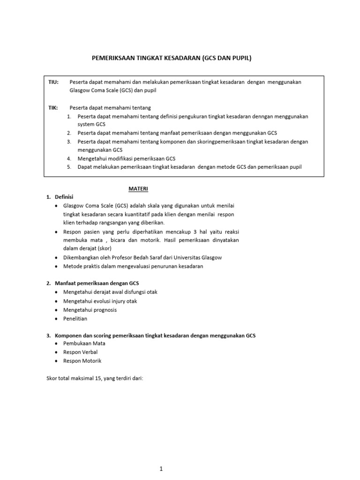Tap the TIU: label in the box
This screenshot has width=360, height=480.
[53, 82]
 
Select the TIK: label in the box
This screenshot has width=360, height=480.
[53, 108]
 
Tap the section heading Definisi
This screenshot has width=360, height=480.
[64, 197]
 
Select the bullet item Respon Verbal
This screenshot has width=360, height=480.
[82, 352]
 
